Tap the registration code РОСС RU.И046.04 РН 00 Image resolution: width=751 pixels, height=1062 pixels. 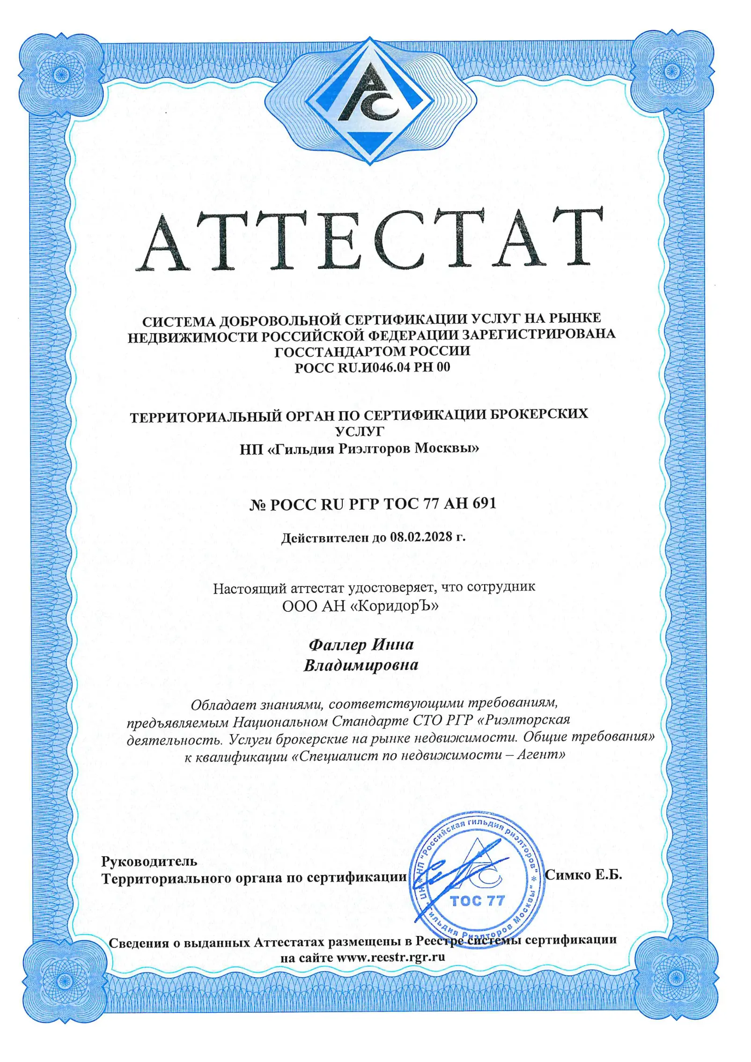point(372,367)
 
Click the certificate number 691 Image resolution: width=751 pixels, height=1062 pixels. point(482,503)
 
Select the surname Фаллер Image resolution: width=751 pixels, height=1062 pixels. point(338,645)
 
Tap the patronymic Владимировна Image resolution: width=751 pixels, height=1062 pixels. point(361,665)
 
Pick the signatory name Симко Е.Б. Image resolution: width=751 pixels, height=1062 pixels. point(583,875)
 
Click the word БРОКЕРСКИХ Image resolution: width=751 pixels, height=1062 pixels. point(534,414)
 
